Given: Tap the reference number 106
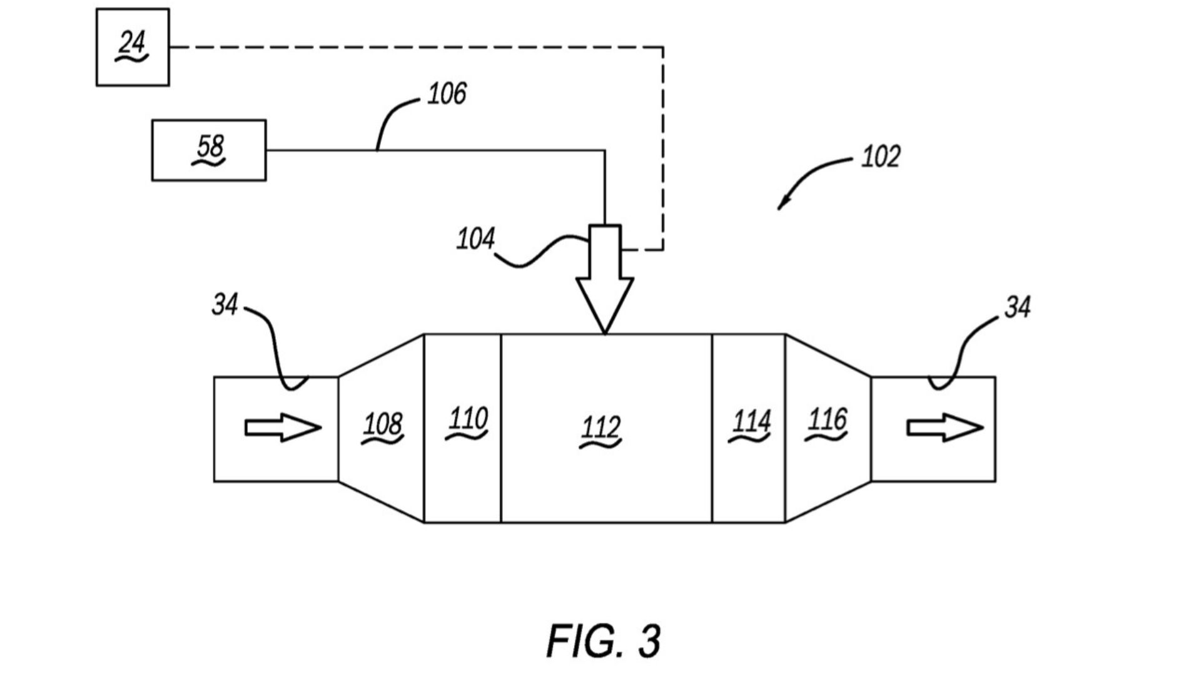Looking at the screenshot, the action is (x=447, y=94).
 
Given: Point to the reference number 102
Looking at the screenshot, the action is (x=881, y=156).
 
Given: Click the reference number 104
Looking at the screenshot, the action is (x=475, y=239).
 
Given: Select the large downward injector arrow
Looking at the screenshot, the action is (x=605, y=279).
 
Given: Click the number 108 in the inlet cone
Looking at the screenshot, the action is (x=382, y=425).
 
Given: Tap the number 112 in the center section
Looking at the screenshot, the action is (x=600, y=428).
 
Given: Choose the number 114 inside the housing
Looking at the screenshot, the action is (x=751, y=422).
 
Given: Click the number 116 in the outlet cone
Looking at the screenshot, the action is (x=827, y=420).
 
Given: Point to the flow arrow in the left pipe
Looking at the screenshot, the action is (x=283, y=428).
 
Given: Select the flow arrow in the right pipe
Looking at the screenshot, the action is (x=945, y=428).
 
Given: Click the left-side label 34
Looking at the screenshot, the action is (x=225, y=305).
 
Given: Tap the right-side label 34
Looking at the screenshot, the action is (x=1018, y=307).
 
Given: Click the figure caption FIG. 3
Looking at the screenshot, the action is (x=603, y=640).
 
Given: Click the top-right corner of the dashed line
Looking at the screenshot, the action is (x=663, y=47).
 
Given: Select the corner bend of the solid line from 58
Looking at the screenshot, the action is (x=605, y=150).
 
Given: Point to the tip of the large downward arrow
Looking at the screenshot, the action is (x=605, y=333).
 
